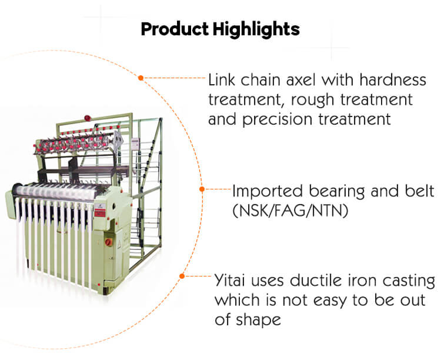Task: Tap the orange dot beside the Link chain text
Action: coord(141,77)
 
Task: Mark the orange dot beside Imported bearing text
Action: coord(202,189)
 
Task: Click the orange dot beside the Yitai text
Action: coord(182,275)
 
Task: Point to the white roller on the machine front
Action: coord(53,191)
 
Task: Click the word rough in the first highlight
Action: coord(323,99)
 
